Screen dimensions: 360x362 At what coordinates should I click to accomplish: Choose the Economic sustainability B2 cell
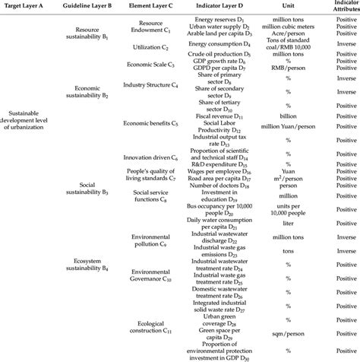90,95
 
